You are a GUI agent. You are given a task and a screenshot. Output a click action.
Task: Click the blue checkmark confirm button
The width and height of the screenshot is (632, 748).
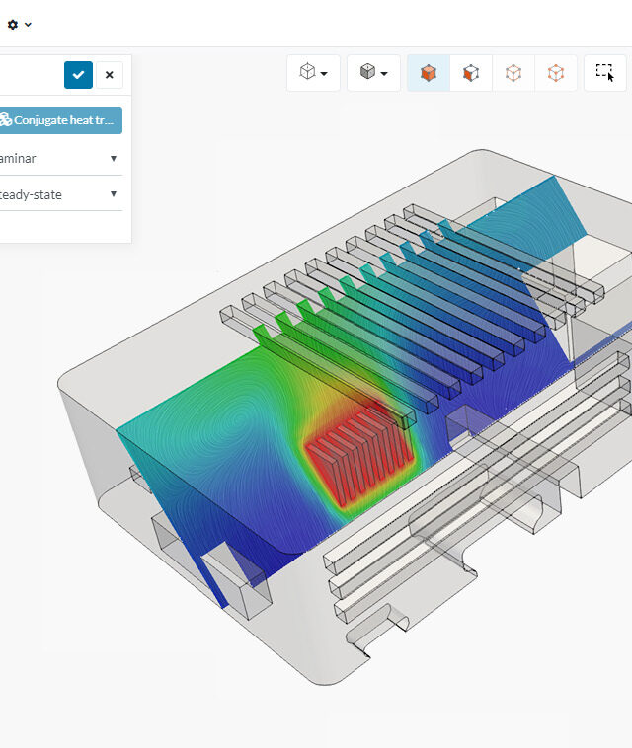pyautogui.click(x=78, y=75)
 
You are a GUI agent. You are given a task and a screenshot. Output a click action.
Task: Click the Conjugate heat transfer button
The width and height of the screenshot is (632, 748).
pyautogui.click(x=60, y=120)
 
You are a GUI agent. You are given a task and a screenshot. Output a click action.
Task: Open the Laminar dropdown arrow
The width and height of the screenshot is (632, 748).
pyautogui.click(x=114, y=158)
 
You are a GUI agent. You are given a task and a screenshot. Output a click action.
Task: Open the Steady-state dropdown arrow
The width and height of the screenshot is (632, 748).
pyautogui.click(x=114, y=194)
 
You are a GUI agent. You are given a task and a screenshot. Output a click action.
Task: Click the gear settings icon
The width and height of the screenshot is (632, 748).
pyautogui.click(x=13, y=24)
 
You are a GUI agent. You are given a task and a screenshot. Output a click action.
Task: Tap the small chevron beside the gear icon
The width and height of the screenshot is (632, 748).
pyautogui.click(x=29, y=25)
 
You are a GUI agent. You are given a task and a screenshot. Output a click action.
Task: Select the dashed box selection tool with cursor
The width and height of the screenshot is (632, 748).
pyautogui.click(x=604, y=73)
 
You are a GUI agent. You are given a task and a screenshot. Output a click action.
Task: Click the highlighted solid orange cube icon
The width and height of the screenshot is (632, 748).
pyautogui.click(x=429, y=73)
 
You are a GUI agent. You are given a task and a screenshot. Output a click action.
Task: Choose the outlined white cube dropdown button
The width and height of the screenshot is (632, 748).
pyautogui.click(x=313, y=73)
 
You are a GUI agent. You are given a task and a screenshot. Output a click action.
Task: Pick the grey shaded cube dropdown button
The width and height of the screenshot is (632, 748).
pyautogui.click(x=373, y=73)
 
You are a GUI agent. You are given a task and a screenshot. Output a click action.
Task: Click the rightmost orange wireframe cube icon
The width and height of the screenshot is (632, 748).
pyautogui.click(x=556, y=73)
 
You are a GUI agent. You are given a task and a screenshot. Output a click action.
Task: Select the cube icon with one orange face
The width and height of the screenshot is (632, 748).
pyautogui.click(x=471, y=73)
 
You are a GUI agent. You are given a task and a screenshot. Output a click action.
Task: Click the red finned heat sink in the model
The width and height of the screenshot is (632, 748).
pyautogui.click(x=354, y=454)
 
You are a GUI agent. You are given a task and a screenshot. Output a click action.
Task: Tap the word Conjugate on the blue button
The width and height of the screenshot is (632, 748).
pyautogui.click(x=44, y=120)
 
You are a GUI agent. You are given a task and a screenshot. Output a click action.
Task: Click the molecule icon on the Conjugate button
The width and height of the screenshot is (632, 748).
pyautogui.click(x=5, y=120)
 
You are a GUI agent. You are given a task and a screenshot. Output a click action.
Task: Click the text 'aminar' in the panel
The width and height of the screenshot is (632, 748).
pyautogui.click(x=18, y=158)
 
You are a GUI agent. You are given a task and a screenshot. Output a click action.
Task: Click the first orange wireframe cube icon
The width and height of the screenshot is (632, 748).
pyautogui.click(x=513, y=73)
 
